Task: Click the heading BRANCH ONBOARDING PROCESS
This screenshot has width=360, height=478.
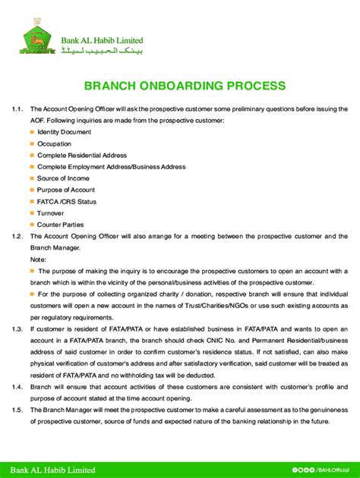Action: [179, 86]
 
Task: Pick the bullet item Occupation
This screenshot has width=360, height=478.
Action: [54, 143]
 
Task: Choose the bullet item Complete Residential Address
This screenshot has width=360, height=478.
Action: [82, 155]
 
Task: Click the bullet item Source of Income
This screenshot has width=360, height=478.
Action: [64, 178]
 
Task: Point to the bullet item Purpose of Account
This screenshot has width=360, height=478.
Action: [66, 190]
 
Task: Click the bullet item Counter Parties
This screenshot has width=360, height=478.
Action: [60, 225]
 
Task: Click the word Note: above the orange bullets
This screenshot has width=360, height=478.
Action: [38, 259]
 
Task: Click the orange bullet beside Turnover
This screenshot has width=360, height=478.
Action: [32, 213]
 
